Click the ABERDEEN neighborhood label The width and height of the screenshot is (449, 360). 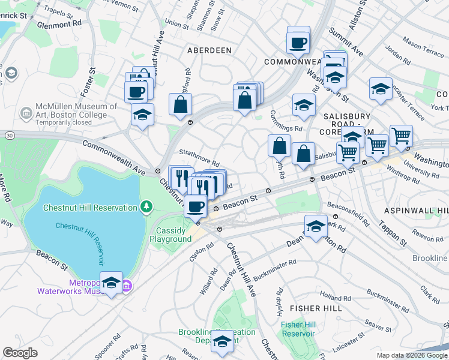coord(209,50)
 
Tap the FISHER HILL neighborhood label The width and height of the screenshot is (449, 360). coord(316,308)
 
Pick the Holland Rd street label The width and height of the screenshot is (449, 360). coord(331,296)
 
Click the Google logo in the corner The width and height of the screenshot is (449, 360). coord(20,352)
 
